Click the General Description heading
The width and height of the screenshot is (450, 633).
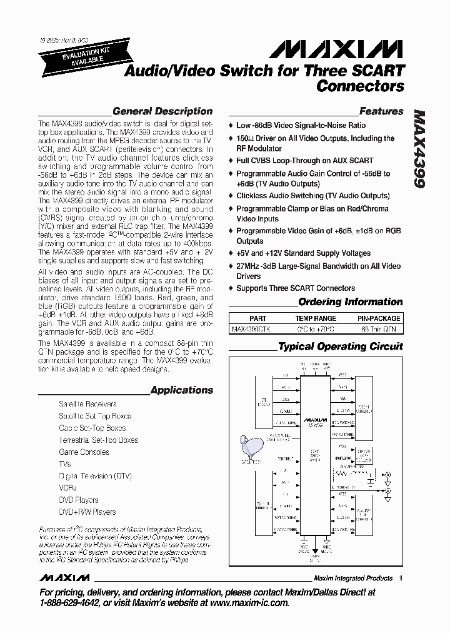click(x=162, y=111)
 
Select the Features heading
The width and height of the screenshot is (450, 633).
click(x=381, y=111)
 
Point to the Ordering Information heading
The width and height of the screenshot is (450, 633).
click(x=351, y=301)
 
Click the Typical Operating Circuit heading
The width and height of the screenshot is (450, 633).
click(x=340, y=346)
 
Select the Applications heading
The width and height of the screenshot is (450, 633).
click(x=182, y=390)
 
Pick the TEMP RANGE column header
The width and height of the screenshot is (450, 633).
click(x=316, y=318)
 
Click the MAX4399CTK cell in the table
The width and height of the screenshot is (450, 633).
click(x=251, y=328)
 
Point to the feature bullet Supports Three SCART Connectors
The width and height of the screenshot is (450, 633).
click(x=295, y=288)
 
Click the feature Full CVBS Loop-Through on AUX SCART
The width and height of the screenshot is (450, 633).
click(x=304, y=161)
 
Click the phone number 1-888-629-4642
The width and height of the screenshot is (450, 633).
click(x=76, y=603)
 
